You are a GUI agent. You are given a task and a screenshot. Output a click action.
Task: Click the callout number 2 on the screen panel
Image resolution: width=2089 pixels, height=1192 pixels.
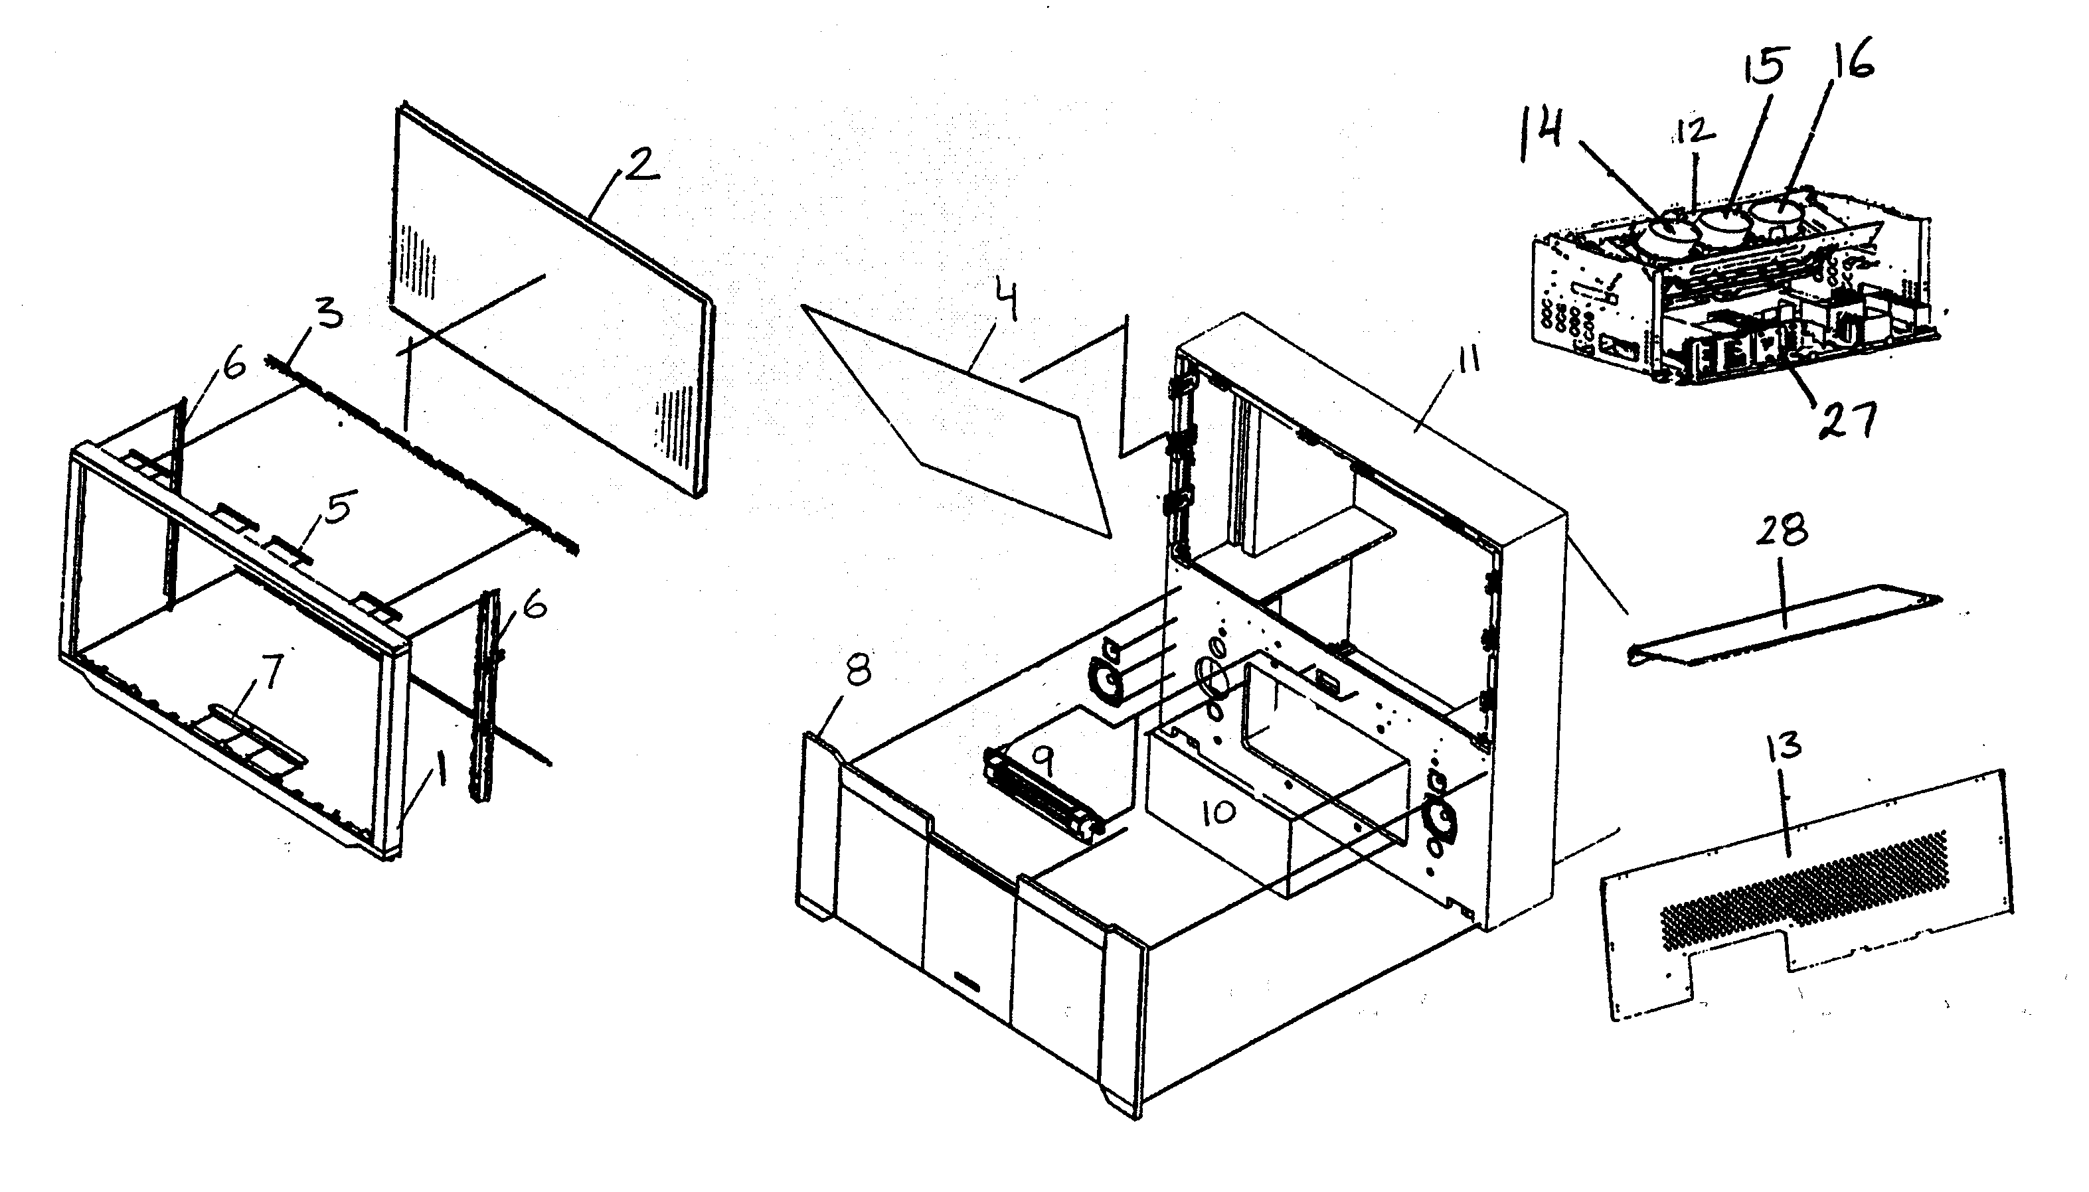point(642,166)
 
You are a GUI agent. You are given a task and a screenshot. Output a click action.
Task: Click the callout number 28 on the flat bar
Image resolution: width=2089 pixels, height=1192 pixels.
point(1782,530)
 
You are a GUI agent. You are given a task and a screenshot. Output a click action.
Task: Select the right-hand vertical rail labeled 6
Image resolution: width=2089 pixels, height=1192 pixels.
point(487,696)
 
